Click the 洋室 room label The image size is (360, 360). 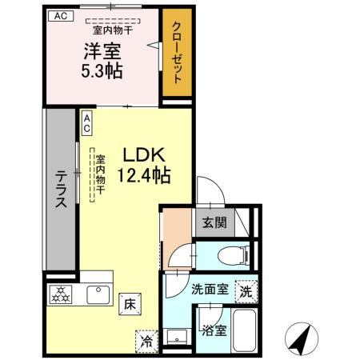pos(102,53)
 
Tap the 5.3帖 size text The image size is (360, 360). pos(102,71)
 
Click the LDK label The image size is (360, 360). pos(143,155)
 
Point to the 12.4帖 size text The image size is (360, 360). pos(145,174)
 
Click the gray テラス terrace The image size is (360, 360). pos(60,191)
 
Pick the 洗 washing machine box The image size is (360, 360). pos(246,292)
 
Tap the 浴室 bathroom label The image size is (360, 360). pos(213,329)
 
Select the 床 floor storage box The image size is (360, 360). pos(129,303)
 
